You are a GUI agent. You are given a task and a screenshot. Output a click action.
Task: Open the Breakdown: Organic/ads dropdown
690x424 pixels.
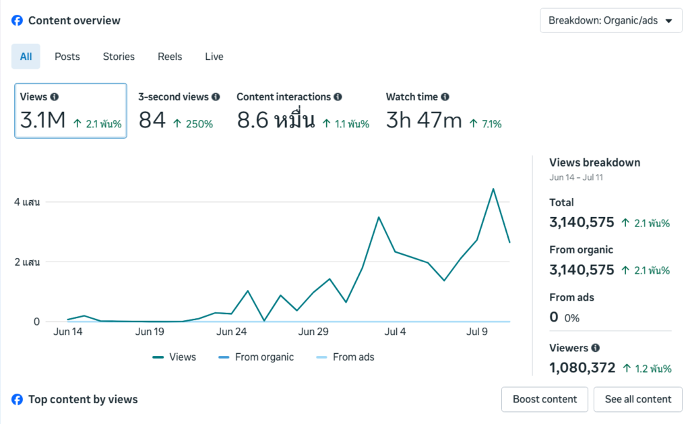610,21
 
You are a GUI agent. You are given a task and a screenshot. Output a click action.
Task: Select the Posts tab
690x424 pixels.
67,57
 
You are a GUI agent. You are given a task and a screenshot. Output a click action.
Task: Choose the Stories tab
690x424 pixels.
119,57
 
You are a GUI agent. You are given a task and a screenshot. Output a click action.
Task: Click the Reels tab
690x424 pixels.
170,57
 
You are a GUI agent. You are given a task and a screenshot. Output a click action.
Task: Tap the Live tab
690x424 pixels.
214,57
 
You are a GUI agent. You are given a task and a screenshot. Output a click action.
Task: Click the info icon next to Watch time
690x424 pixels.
445,97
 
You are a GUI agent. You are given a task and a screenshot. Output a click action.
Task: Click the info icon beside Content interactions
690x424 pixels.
338,97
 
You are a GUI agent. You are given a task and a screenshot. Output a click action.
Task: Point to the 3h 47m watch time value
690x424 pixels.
424,120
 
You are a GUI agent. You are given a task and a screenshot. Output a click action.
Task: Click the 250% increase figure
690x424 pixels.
199,124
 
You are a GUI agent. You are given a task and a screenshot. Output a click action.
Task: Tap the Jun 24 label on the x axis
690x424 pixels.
232,332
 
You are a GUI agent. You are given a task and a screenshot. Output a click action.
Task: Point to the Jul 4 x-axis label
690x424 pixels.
395,332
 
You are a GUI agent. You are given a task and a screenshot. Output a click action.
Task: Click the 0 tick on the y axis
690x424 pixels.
36,322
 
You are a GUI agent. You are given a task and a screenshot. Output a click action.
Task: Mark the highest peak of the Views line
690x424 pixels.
493,189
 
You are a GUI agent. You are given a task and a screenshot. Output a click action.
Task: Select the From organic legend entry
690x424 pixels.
256,357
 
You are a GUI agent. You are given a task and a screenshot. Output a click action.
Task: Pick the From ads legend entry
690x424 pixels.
345,357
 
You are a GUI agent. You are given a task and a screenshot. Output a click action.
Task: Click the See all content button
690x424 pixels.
638,399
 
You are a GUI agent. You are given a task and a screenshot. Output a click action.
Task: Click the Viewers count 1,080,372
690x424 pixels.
582,367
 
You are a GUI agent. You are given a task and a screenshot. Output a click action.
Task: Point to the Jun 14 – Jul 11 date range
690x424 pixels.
576,177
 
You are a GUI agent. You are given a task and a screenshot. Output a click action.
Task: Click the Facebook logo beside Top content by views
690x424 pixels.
17,399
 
